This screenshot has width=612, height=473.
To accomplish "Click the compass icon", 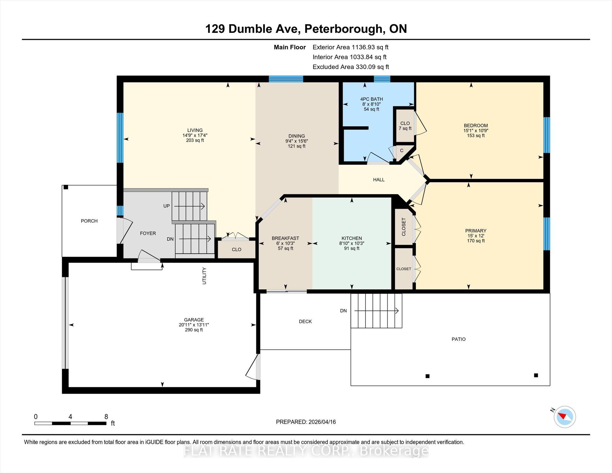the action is click(x=564, y=417).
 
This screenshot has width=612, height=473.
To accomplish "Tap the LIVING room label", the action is click(x=195, y=130).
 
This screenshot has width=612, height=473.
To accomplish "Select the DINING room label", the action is click(x=296, y=136).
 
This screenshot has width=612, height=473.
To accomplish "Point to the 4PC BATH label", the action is click(x=371, y=99).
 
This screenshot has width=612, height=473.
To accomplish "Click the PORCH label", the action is click(x=89, y=221).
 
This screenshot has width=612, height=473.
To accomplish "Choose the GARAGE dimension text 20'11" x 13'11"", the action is click(x=194, y=325).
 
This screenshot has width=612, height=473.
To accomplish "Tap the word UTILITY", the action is click(x=204, y=276).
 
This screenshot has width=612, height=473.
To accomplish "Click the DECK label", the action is click(x=305, y=322).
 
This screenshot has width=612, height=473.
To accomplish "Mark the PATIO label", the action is click(x=458, y=339).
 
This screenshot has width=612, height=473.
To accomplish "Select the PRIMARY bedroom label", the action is click(x=476, y=231).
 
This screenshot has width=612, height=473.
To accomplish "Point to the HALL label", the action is click(x=379, y=180).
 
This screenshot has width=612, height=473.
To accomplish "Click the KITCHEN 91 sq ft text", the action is click(x=352, y=248).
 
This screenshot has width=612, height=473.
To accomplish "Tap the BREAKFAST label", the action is click(x=285, y=238).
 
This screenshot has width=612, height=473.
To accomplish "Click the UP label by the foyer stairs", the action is click(x=166, y=206).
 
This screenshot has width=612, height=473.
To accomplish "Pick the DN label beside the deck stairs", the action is click(x=343, y=311).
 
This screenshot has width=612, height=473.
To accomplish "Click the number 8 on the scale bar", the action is click(x=106, y=417).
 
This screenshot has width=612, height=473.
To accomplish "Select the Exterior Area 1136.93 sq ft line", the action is click(x=351, y=47).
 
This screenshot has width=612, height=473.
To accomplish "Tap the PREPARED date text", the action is click(x=306, y=422).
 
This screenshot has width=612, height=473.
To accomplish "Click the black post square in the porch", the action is click(x=66, y=187).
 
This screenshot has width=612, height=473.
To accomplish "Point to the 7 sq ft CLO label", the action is click(x=405, y=126).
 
